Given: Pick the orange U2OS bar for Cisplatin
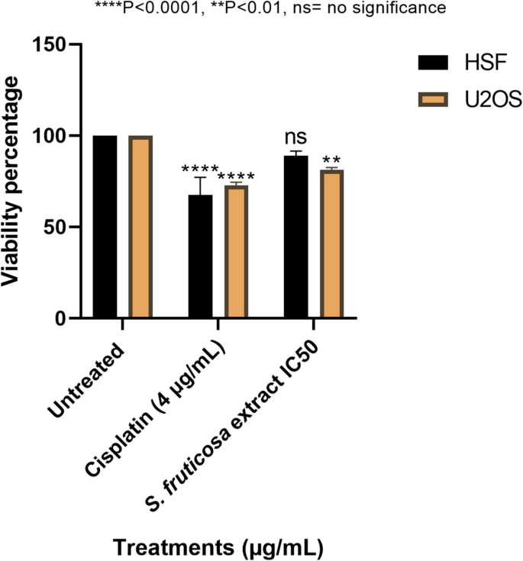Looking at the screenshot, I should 236,251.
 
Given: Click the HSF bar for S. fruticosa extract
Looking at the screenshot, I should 295,237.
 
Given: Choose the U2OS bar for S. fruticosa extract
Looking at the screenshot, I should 331,243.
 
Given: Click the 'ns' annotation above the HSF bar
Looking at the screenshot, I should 295,137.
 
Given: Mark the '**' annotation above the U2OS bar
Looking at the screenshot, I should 331,163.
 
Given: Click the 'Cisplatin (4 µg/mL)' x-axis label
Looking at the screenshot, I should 160,405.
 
